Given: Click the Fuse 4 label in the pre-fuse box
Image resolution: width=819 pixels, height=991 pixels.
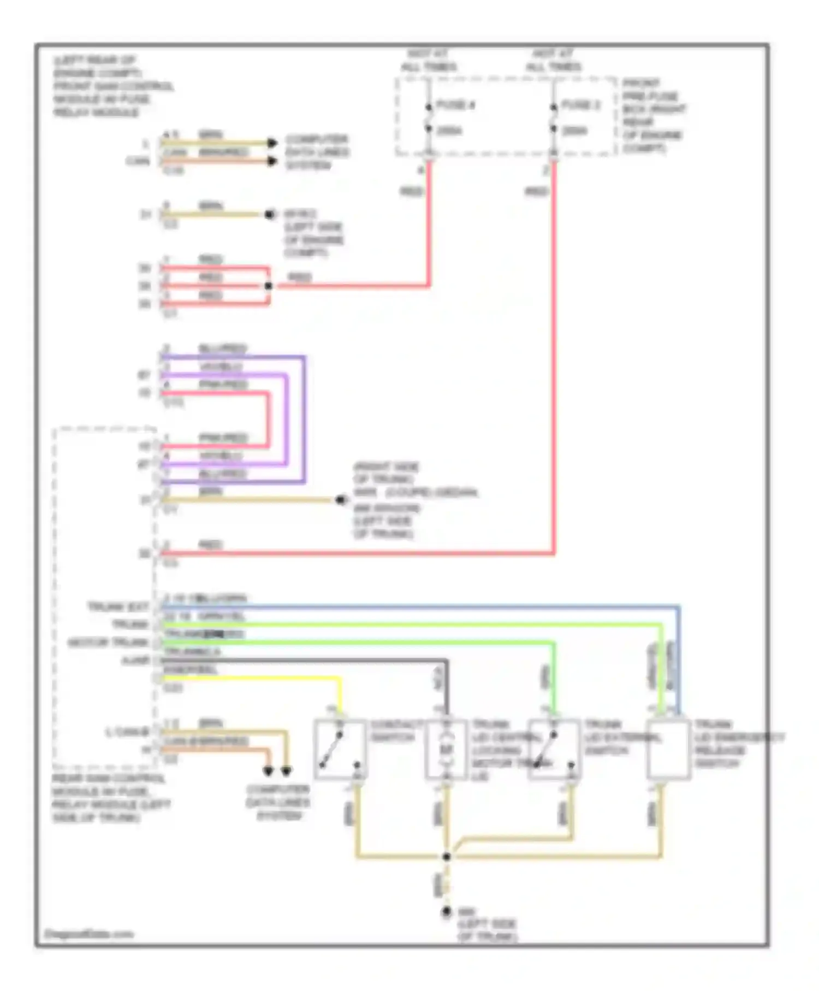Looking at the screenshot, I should pyautogui.click(x=455, y=105).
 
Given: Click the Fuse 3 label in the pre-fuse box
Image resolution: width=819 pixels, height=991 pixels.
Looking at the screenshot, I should pyautogui.click(x=580, y=105).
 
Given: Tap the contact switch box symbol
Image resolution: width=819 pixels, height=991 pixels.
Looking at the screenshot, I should pyautogui.click(x=340, y=748).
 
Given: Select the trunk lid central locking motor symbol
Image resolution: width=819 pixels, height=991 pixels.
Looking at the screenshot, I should pyautogui.click(x=447, y=748).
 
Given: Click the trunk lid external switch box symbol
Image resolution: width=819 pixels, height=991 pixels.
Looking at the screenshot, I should pyautogui.click(x=554, y=748).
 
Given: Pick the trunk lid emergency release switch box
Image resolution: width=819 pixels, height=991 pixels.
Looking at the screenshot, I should pyautogui.click(x=668, y=748).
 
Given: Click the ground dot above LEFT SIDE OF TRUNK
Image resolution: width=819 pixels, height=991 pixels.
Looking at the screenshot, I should pyautogui.click(x=446, y=912).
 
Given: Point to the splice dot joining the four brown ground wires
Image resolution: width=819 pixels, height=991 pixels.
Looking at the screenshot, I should pyautogui.click(x=446, y=856).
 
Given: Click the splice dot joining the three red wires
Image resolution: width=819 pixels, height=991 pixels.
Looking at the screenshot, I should pyautogui.click(x=268, y=286).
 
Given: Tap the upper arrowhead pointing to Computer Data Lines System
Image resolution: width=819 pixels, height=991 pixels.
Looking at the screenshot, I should pyautogui.click(x=272, y=143).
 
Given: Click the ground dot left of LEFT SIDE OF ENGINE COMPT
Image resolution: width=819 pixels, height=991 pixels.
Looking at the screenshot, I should pyautogui.click(x=269, y=214).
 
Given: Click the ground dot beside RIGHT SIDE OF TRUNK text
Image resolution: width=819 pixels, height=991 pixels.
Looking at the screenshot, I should pyautogui.click(x=341, y=499).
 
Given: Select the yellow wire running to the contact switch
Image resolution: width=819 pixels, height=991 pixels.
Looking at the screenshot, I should pyautogui.click(x=251, y=679).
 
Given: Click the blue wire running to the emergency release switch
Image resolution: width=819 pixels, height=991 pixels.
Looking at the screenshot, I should pyautogui.click(x=415, y=606).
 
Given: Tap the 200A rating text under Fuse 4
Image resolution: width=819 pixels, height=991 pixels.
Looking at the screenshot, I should pyautogui.click(x=449, y=131).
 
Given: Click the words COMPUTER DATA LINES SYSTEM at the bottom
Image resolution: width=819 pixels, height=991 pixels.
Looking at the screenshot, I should pyautogui.click(x=278, y=802).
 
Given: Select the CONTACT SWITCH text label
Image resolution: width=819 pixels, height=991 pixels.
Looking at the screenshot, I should pyautogui.click(x=396, y=731).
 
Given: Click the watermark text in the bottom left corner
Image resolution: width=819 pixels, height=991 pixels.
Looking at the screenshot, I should pyautogui.click(x=88, y=934).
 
